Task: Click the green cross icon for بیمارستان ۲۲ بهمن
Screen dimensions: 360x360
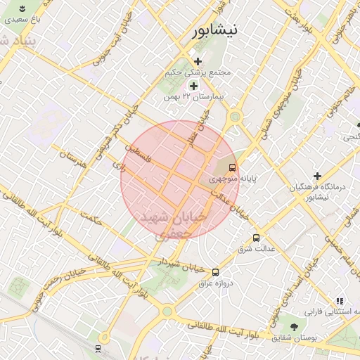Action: pyautogui.click(x=193, y=86)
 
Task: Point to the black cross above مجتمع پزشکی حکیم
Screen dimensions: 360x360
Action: pyautogui.click(x=198, y=62)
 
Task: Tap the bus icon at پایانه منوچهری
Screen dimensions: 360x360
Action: pyautogui.click(x=232, y=168)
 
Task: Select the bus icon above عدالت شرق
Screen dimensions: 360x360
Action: pyautogui.click(x=256, y=238)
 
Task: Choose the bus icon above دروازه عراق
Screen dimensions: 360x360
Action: pyautogui.click(x=215, y=272)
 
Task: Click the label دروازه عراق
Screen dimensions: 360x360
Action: pyautogui.click(x=214, y=283)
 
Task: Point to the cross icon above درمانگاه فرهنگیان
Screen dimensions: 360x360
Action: pyautogui.click(x=317, y=175)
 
